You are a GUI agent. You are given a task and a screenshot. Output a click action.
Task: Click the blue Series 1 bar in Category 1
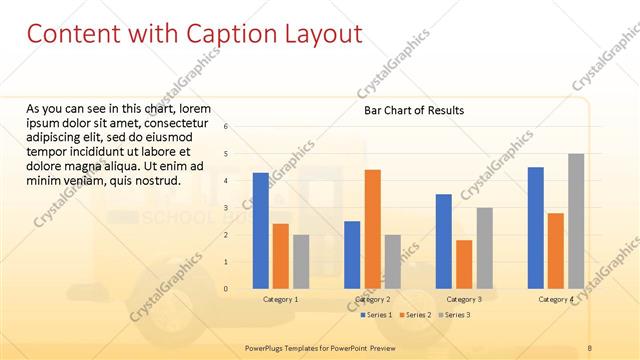click(x=260, y=231)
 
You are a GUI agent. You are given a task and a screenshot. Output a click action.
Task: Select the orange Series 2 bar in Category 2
click(x=372, y=229)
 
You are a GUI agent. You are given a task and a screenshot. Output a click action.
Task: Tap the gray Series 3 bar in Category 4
click(x=576, y=221)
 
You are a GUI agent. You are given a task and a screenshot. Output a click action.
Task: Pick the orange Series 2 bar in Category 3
click(x=464, y=264)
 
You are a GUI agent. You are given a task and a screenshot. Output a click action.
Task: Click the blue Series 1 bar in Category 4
click(x=536, y=228)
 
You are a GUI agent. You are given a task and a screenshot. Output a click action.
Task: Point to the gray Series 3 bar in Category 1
click(x=301, y=262)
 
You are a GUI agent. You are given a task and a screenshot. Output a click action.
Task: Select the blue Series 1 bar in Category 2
click(x=352, y=255)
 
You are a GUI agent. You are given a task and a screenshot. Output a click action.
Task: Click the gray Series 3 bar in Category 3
click(x=484, y=248)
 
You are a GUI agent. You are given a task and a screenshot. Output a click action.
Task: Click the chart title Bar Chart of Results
click(x=413, y=110)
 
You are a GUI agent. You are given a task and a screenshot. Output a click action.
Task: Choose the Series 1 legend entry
click(x=375, y=315)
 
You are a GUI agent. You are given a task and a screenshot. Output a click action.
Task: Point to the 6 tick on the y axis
click(x=226, y=127)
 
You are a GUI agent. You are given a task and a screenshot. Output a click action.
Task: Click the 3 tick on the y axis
click(x=226, y=208)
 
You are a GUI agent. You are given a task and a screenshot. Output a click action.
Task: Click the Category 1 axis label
click(x=280, y=299)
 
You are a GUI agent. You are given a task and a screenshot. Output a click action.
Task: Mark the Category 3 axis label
click(x=464, y=299)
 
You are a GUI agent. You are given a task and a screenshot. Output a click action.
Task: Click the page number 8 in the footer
click(x=590, y=346)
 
